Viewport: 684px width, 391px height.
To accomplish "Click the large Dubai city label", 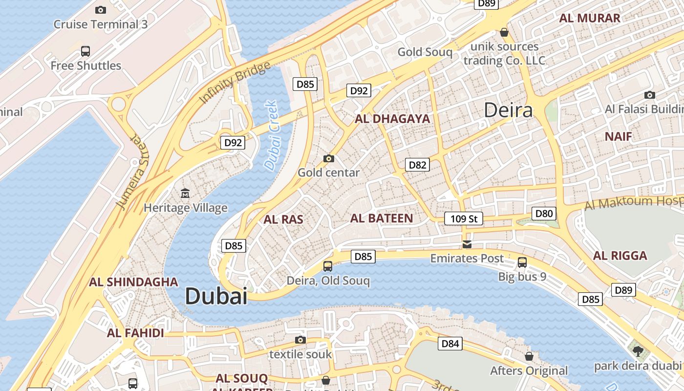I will click(x=216, y=296).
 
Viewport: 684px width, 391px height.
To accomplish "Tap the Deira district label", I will click(x=508, y=110).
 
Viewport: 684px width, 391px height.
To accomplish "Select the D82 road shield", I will click(x=417, y=165).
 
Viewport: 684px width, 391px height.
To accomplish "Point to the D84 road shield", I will click(x=450, y=344).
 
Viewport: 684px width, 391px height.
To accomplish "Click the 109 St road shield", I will click(x=464, y=218).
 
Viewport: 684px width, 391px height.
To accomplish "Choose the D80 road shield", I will click(x=544, y=213).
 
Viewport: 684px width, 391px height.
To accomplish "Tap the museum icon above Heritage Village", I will click(x=185, y=194).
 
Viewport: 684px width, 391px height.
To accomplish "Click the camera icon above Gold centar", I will click(x=329, y=158).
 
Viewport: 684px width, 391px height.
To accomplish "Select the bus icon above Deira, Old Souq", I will click(x=328, y=266).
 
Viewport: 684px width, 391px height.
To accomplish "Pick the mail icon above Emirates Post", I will click(x=467, y=244).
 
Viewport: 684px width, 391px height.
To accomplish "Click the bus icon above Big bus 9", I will click(x=522, y=262).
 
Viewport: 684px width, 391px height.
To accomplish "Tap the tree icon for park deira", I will click(x=638, y=351).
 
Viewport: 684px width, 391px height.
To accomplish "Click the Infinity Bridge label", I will click(x=235, y=83).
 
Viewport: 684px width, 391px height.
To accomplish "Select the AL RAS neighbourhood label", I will click(x=283, y=219).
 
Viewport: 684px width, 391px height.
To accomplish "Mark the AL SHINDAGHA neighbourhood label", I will click(x=133, y=282).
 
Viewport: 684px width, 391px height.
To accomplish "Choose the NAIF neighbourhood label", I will click(x=618, y=136).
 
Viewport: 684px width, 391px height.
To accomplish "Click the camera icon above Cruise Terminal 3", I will click(x=101, y=10).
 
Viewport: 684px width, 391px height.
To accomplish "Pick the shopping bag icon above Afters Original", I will click(x=529, y=356).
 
